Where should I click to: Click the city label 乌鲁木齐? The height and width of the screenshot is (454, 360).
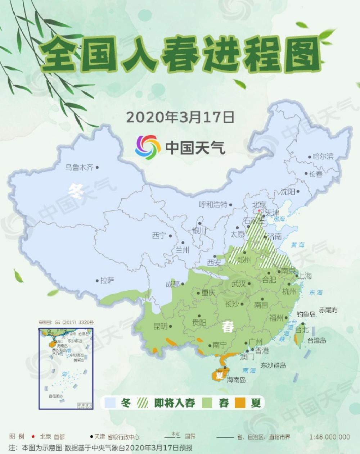tap(79, 167)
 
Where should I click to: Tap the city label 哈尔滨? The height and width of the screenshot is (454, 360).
tap(323, 156)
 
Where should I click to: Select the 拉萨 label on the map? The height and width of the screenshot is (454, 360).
tap(107, 281)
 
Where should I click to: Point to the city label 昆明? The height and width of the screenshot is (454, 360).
tap(160, 326)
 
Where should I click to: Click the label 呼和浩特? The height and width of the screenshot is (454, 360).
tap(213, 205)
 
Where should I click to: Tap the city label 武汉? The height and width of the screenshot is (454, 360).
tap(238, 283)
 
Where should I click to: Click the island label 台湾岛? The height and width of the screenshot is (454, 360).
tap(317, 340)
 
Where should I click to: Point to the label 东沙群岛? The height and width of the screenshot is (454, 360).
tap(273, 366)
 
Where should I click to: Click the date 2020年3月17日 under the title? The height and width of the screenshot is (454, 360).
tap(180, 117)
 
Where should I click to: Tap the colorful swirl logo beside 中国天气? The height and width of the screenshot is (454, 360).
tap(148, 147)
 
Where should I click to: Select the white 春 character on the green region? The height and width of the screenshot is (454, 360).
tap(228, 327)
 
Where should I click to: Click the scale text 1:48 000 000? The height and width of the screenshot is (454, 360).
tap(329, 437)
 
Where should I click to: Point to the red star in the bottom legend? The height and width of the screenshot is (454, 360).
tap(33, 437)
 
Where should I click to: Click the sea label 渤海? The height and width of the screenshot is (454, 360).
tap(279, 218)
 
